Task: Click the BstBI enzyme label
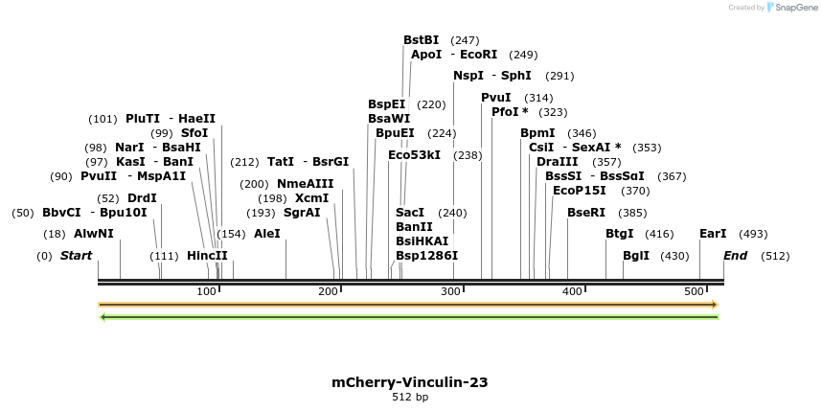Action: click(421, 40)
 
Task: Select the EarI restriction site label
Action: click(713, 234)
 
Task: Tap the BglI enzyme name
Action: click(636, 256)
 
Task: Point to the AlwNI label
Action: click(93, 234)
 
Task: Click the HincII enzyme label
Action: click(207, 256)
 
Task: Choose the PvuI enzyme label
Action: click(496, 98)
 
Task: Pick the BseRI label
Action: click(586, 213)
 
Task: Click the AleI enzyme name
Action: click(267, 234)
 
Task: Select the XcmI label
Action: click(311, 198)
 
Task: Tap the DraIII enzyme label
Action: click(557, 162)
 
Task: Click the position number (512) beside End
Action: click(775, 256)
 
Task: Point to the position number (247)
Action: click(465, 40)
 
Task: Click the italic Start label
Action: click(76, 256)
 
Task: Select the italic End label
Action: click(735, 256)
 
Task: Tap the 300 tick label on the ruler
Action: click(450, 290)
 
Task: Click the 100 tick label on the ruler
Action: click(206, 290)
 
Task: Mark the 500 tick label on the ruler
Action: click(695, 290)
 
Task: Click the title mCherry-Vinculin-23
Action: click(410, 382)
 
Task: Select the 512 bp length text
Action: click(410, 397)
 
